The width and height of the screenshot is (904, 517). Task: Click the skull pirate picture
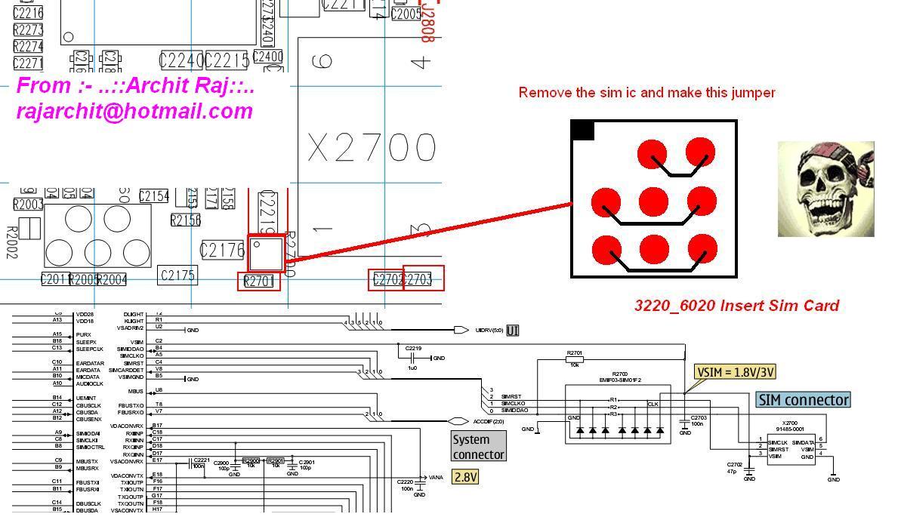[825, 189]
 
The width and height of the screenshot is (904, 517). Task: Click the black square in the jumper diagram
[582, 131]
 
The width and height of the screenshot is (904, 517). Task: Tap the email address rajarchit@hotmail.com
[134, 111]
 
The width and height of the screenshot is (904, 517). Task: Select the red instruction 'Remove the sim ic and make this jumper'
[646, 93]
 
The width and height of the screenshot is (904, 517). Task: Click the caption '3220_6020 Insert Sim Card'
[736, 306]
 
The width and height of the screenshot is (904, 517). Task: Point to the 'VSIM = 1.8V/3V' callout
[735, 372]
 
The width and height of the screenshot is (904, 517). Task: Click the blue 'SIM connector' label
[804, 400]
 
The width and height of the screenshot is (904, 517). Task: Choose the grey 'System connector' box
[478, 447]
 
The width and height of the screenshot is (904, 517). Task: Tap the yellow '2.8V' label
[465, 477]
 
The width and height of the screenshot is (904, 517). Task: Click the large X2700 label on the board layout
[371, 148]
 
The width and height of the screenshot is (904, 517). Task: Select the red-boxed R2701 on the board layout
[258, 282]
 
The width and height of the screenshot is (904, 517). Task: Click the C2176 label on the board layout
[222, 251]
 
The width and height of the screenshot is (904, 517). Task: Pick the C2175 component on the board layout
[177, 275]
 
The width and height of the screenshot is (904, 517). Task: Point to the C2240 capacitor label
[181, 60]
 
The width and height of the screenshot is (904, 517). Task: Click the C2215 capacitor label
[227, 60]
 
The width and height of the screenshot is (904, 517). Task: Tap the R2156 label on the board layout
[185, 220]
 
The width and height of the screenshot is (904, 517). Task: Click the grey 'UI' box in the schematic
[513, 331]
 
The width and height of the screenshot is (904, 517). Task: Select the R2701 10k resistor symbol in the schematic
[574, 360]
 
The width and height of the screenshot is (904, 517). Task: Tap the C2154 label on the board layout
[154, 196]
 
